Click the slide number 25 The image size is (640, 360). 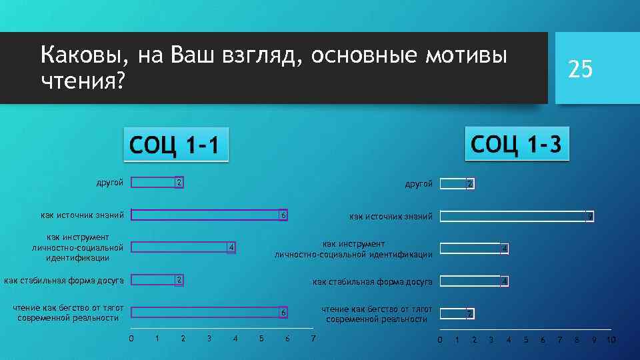pyautogui.click(x=579, y=68)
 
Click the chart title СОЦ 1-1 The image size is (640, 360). pyautogui.click(x=176, y=145)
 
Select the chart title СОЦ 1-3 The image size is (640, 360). pyautogui.click(x=516, y=143)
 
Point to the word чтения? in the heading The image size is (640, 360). pyautogui.click(x=83, y=81)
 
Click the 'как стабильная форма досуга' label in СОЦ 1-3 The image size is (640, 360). pyautogui.click(x=372, y=282)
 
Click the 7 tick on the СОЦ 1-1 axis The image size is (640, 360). pyautogui.click(x=313, y=339)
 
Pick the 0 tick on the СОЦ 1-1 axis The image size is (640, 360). pyautogui.click(x=131, y=339)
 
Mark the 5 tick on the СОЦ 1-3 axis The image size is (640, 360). pyautogui.click(x=525, y=341)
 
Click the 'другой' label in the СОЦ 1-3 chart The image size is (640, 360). pyautogui.click(x=418, y=183)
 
